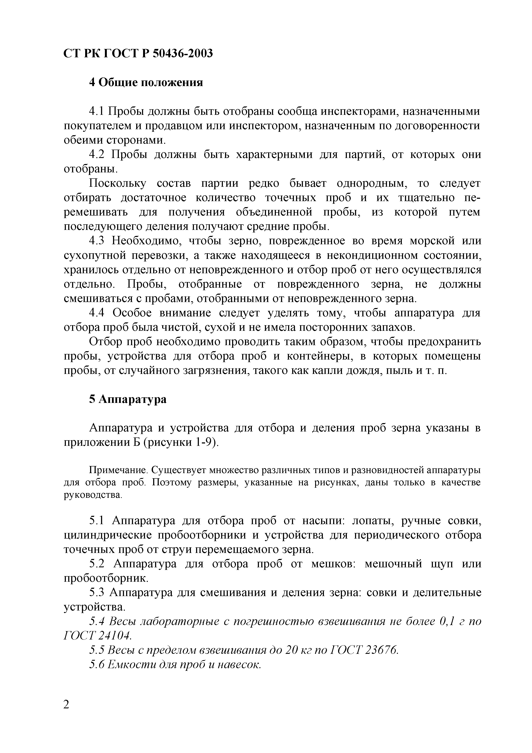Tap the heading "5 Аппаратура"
(128, 399)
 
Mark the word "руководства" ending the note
(92, 495)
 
